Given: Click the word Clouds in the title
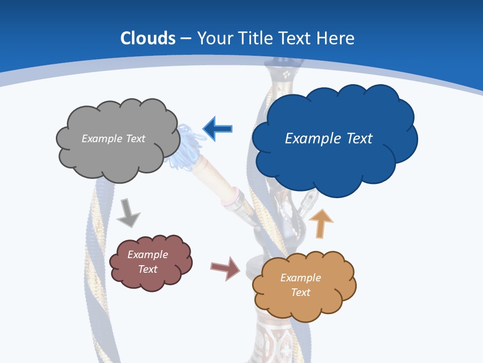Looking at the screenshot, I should pos(148,38).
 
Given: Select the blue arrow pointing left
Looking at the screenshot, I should pos(217,129).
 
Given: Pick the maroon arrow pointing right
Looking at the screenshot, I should pos(226,268).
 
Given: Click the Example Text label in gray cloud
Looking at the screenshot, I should pos(113,139).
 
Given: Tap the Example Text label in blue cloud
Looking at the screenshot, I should pos(329,139).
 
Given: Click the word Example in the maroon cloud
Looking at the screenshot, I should pos(147,255).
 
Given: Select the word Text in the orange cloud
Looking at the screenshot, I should pos(300,292).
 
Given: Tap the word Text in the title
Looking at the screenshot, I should pos(295,38).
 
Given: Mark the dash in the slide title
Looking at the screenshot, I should pos(186,39).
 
